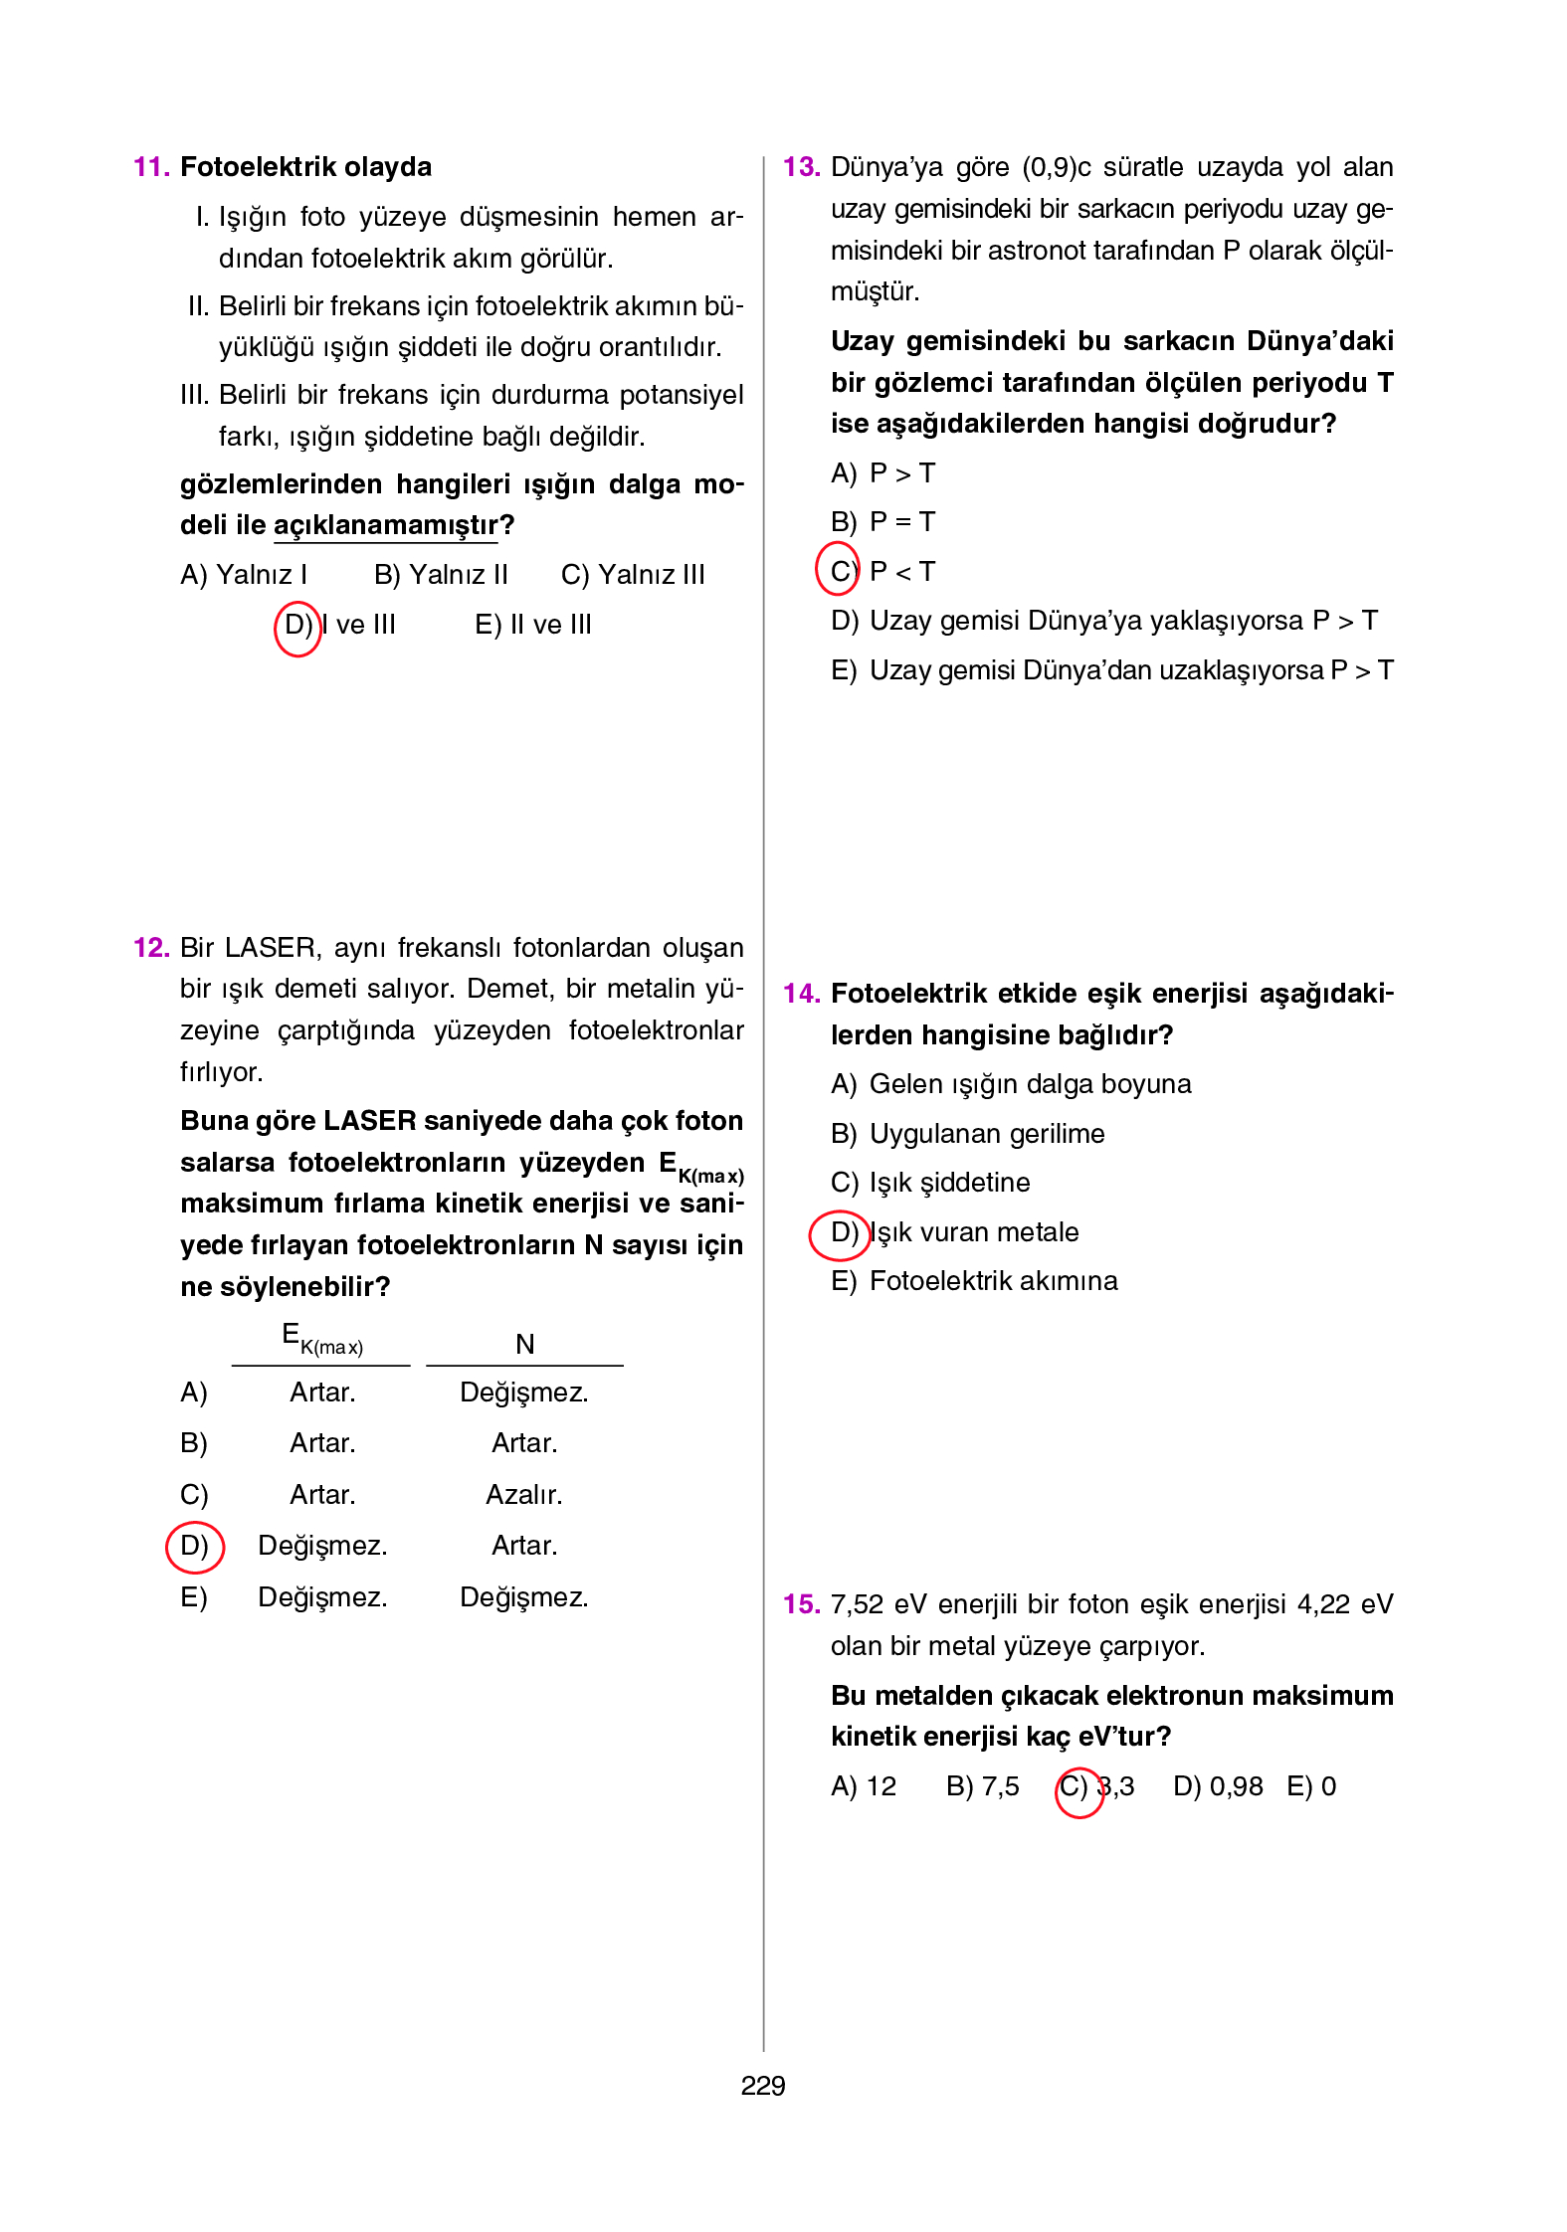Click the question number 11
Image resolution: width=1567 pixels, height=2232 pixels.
[x=151, y=167]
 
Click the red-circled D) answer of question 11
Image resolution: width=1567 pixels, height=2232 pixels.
[x=297, y=626]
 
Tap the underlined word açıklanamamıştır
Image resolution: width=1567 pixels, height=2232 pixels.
[x=385, y=525]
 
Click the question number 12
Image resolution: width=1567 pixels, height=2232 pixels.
[x=151, y=947]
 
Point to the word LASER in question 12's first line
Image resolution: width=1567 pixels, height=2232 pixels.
[x=270, y=947]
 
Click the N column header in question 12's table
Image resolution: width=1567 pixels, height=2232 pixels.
[x=524, y=1344]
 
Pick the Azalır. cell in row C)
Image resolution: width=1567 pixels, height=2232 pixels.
[x=523, y=1494]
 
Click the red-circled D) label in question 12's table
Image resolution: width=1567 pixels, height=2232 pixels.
[x=194, y=1546]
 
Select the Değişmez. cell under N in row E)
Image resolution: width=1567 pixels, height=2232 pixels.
[x=523, y=1596]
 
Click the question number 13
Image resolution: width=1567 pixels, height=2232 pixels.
[x=801, y=167]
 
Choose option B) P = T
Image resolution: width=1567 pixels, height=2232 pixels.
[x=882, y=522]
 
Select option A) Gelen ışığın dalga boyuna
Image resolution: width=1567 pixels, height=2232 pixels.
[x=1010, y=1084]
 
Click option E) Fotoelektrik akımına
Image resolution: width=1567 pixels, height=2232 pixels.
[x=973, y=1281]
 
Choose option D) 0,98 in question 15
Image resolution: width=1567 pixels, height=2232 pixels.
[x=1217, y=1786]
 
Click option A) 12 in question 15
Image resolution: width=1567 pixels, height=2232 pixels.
[x=863, y=1786]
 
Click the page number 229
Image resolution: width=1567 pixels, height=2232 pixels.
[x=762, y=2086]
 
